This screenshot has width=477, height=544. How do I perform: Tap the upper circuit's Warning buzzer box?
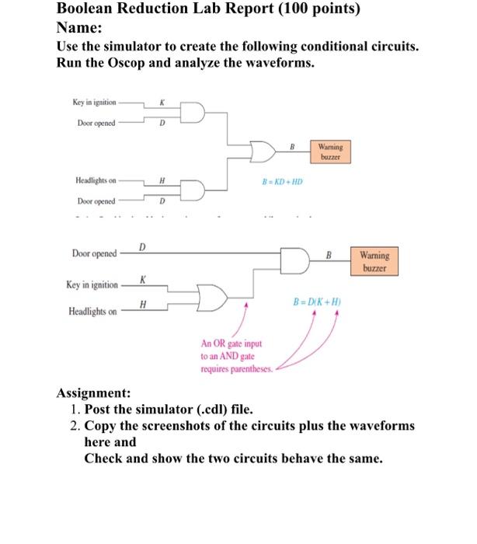tap(330, 150)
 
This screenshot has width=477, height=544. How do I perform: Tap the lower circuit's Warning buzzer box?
tap(377, 260)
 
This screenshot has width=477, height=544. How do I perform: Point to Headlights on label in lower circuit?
tap(92, 312)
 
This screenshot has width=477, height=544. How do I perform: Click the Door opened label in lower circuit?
tap(95, 253)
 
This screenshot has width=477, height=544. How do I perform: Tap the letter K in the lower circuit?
tap(142, 278)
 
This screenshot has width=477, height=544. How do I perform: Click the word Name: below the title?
tap(81, 26)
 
